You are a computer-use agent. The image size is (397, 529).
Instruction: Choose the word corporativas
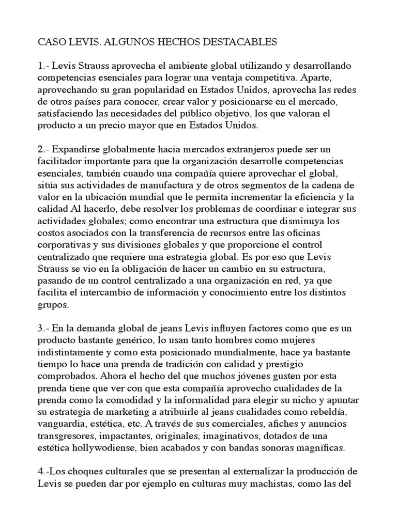click(66, 245)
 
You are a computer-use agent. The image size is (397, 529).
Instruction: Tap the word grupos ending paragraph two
click(53, 304)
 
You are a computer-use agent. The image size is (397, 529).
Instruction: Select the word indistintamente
click(73, 352)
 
